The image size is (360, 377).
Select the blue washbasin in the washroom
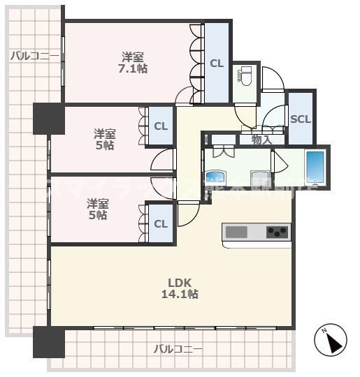[x=213, y=177]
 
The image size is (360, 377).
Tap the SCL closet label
[x=300, y=119]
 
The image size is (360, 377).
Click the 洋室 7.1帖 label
[x=133, y=62]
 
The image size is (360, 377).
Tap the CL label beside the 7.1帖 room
[x=217, y=63]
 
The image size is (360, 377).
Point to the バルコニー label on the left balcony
[x=34, y=56]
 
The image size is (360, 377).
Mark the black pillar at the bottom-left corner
[x=48, y=342]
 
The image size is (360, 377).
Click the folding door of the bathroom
[x=280, y=162]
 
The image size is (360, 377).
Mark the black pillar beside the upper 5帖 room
[x=48, y=119]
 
